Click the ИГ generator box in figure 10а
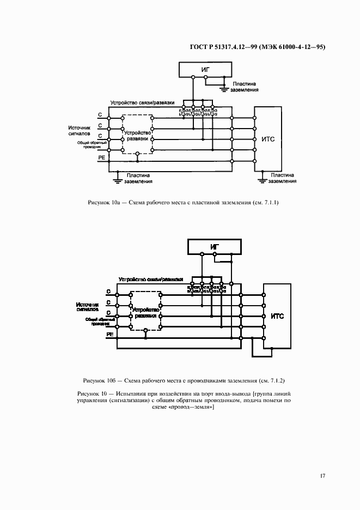205,69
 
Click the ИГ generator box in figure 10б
215,247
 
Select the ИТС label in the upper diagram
268,139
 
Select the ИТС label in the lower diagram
277,316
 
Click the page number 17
322,476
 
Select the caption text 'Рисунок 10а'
103,203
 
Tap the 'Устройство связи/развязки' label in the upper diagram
142,102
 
